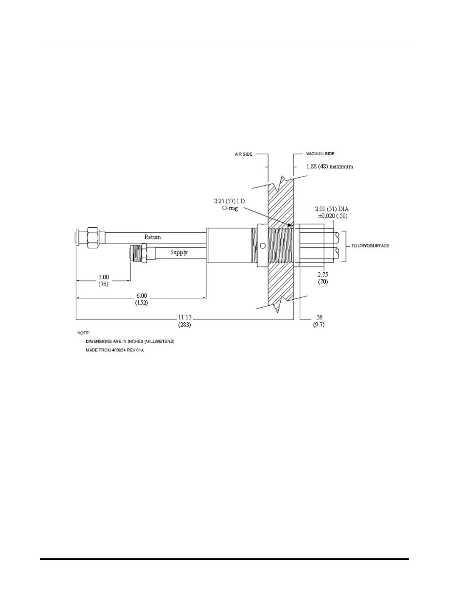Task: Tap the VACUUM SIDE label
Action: click(x=320, y=154)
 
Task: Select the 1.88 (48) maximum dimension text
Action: click(x=329, y=166)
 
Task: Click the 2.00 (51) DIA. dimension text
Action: click(x=330, y=209)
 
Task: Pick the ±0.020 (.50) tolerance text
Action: click(x=332, y=216)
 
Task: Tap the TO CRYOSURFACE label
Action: click(x=370, y=246)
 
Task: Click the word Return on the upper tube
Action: click(x=152, y=237)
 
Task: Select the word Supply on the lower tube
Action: click(x=179, y=252)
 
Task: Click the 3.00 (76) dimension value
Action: click(x=103, y=281)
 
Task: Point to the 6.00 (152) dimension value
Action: click(x=141, y=299)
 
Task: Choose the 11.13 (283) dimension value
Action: click(x=185, y=321)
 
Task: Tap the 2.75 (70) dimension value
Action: click(x=323, y=278)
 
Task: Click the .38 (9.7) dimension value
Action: click(x=319, y=321)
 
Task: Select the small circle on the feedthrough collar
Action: click(x=263, y=246)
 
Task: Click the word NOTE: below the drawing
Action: click(x=84, y=333)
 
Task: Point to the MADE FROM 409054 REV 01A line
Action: click(x=115, y=350)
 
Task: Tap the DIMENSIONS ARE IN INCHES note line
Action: click(x=130, y=342)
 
